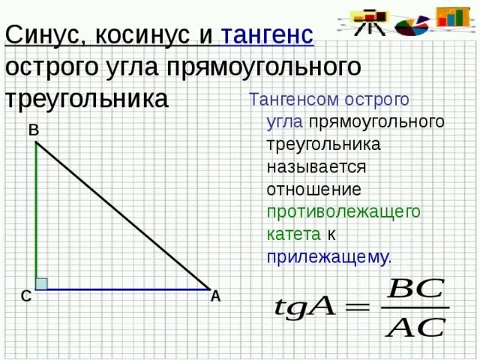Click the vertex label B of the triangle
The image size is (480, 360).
tap(34, 130)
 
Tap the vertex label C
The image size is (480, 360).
tap(25, 297)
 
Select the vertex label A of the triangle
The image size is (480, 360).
tap(216, 296)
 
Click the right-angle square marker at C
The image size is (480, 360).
tap(41, 283)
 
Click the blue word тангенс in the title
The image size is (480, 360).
tap(267, 34)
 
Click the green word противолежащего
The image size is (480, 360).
tap(344, 211)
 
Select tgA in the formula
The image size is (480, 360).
tap(304, 307)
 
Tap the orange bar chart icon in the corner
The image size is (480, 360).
tap(453, 16)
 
